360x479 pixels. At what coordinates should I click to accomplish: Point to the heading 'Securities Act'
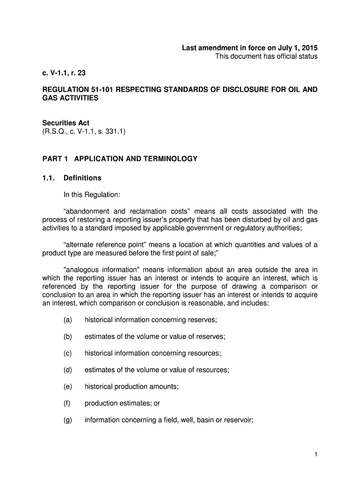[66, 123]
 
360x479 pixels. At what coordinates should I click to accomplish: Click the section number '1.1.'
[49, 178]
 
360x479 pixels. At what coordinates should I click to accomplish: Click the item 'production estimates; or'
[122, 403]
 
